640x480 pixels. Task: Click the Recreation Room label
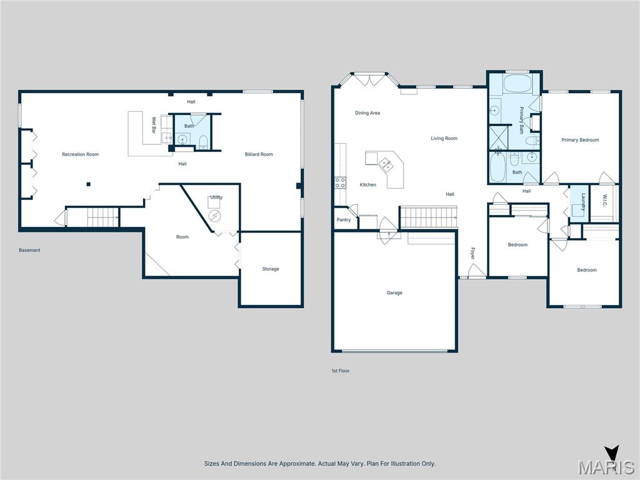click(x=80, y=154)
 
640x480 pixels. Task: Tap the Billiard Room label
click(x=258, y=154)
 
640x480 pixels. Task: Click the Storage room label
click(x=271, y=269)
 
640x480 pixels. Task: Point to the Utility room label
click(x=216, y=197)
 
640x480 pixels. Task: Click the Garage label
click(x=394, y=292)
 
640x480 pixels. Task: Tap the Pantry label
click(x=344, y=220)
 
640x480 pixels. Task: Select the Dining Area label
click(x=367, y=113)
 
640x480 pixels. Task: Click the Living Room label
click(x=444, y=138)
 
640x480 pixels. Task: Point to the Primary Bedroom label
click(x=580, y=140)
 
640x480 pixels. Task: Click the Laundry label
click(x=582, y=201)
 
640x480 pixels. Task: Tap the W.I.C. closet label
click(x=605, y=201)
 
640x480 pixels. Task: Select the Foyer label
click(x=472, y=253)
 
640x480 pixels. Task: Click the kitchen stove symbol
click(x=341, y=182)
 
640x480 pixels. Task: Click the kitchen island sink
click(x=386, y=165)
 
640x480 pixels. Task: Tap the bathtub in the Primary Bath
click(x=516, y=84)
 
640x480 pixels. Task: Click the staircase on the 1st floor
click(x=428, y=217)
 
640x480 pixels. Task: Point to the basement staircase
click(x=102, y=217)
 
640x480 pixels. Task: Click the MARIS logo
click(x=606, y=466)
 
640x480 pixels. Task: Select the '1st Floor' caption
click(x=341, y=371)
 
